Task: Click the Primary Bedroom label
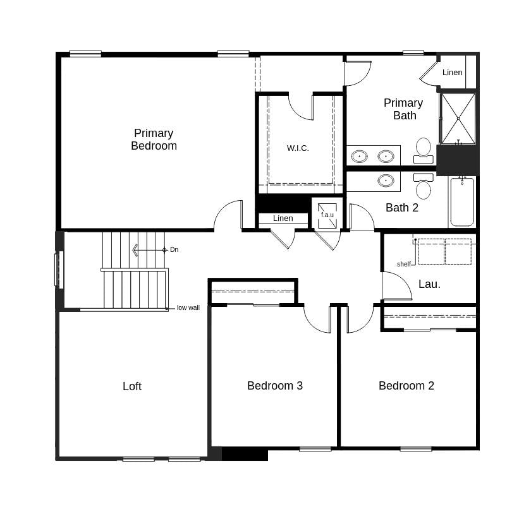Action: pos(154,140)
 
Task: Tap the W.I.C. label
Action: pos(298,148)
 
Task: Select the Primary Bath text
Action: pos(403,109)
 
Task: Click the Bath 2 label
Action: pos(402,207)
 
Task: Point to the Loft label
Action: pos(132,386)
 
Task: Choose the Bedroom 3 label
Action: pos(275,386)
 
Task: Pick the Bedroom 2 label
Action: pos(406,386)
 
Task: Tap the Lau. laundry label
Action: pos(429,284)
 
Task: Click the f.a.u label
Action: pos(327,215)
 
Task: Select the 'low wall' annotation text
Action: pos(188,308)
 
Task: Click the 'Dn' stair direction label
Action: pos(174,250)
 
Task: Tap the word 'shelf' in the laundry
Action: pos(404,264)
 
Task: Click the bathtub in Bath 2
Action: pos(462,202)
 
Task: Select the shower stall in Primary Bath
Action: pos(458,119)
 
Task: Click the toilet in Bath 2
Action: pos(424,187)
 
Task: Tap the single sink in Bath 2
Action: pos(386,181)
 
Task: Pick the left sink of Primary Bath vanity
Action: pos(360,156)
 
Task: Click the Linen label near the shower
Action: pos(452,73)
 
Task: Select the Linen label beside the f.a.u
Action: pos(283,218)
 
